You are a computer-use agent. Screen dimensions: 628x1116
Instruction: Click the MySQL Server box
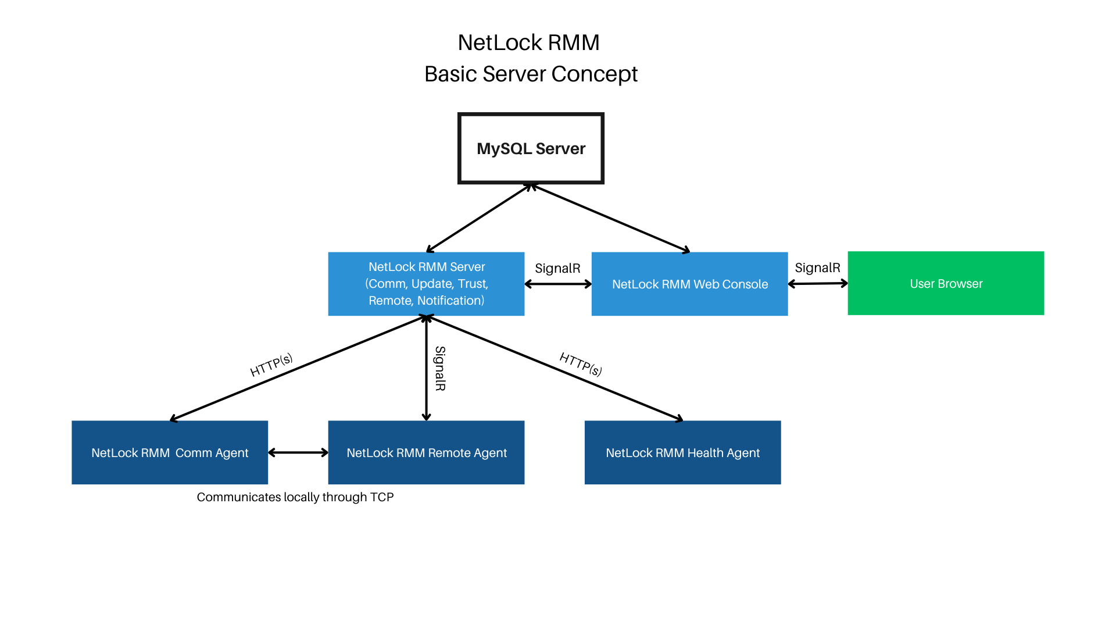click(x=531, y=148)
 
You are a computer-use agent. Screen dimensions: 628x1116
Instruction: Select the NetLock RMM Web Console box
click(x=689, y=284)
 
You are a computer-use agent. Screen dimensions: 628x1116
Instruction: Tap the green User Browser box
click(x=946, y=283)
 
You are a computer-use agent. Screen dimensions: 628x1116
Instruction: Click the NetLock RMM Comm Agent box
click(x=170, y=452)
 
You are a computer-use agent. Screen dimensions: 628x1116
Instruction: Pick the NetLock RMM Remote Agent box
click(x=426, y=452)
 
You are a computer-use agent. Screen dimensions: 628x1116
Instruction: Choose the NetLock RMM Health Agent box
click(x=682, y=452)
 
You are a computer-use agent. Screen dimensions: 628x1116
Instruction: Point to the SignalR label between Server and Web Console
click(x=557, y=268)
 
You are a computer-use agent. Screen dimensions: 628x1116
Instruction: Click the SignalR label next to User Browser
click(x=817, y=267)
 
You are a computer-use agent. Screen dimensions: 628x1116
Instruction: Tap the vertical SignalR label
click(x=440, y=368)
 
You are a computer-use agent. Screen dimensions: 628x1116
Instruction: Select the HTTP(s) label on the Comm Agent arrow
click(x=271, y=365)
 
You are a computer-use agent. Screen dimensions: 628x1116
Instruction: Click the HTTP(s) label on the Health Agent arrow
click(x=580, y=364)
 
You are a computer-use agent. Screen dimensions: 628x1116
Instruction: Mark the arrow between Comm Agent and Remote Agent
click(x=298, y=452)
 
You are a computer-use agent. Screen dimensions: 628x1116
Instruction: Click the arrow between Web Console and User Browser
click(x=818, y=284)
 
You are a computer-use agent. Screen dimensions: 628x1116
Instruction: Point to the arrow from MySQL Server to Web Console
click(x=610, y=219)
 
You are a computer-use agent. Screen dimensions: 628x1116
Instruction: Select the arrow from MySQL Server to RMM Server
click(x=478, y=219)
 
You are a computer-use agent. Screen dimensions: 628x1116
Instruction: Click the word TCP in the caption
click(x=381, y=497)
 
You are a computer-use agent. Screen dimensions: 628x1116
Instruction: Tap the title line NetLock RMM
click(x=528, y=42)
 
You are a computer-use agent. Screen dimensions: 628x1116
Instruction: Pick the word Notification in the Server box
click(x=450, y=301)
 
